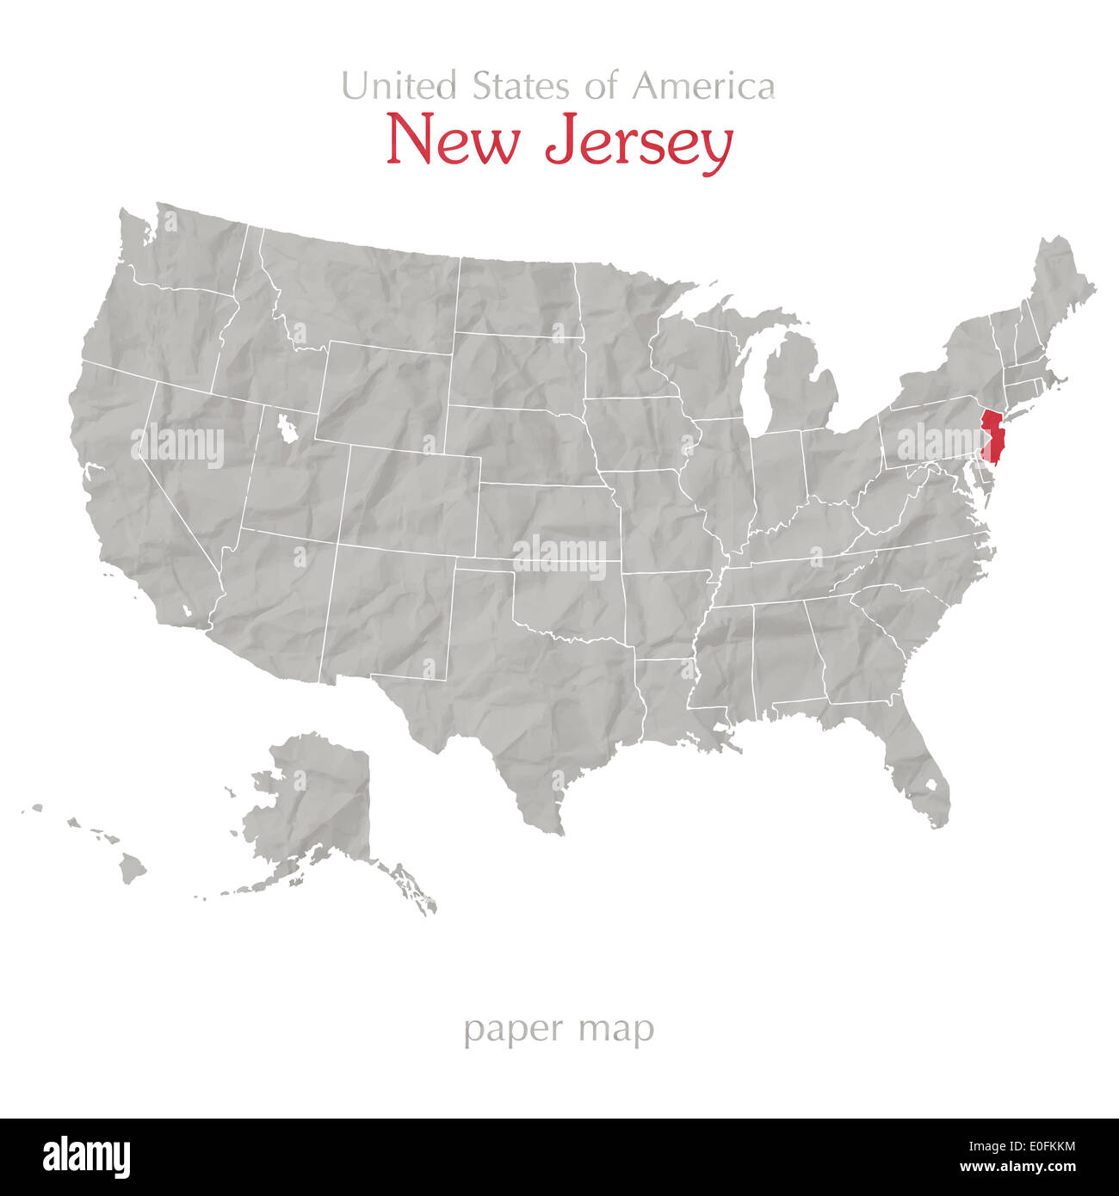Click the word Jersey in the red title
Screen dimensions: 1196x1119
click(x=639, y=141)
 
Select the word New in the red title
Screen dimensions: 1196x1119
click(x=452, y=141)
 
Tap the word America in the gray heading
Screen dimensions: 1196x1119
click(x=703, y=86)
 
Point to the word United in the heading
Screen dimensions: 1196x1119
click(x=399, y=86)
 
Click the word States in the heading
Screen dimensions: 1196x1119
click(x=520, y=86)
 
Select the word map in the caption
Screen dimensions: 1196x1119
click(x=617, y=1030)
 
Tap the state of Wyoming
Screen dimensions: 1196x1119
click(x=383, y=391)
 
